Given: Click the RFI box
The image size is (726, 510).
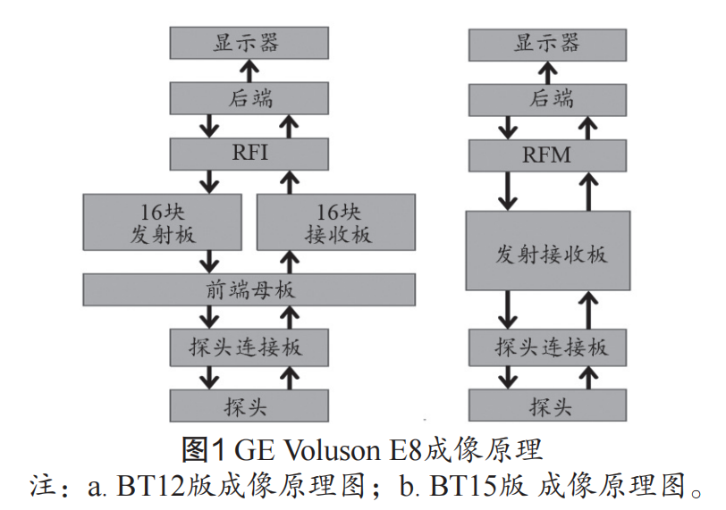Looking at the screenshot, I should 249,153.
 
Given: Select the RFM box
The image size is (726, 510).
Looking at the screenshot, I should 546,155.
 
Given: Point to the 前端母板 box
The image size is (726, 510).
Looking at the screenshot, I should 249,289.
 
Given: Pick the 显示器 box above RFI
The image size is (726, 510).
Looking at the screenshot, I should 249,43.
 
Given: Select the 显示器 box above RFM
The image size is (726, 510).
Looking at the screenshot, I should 547,43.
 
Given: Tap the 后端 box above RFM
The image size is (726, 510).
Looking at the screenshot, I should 547,98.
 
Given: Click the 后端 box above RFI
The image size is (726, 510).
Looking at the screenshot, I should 249,98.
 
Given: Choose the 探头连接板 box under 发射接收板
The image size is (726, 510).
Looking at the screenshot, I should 547,347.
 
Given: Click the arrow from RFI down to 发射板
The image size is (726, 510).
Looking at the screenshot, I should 211,181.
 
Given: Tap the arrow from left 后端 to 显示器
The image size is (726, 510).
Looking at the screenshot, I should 249,71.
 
